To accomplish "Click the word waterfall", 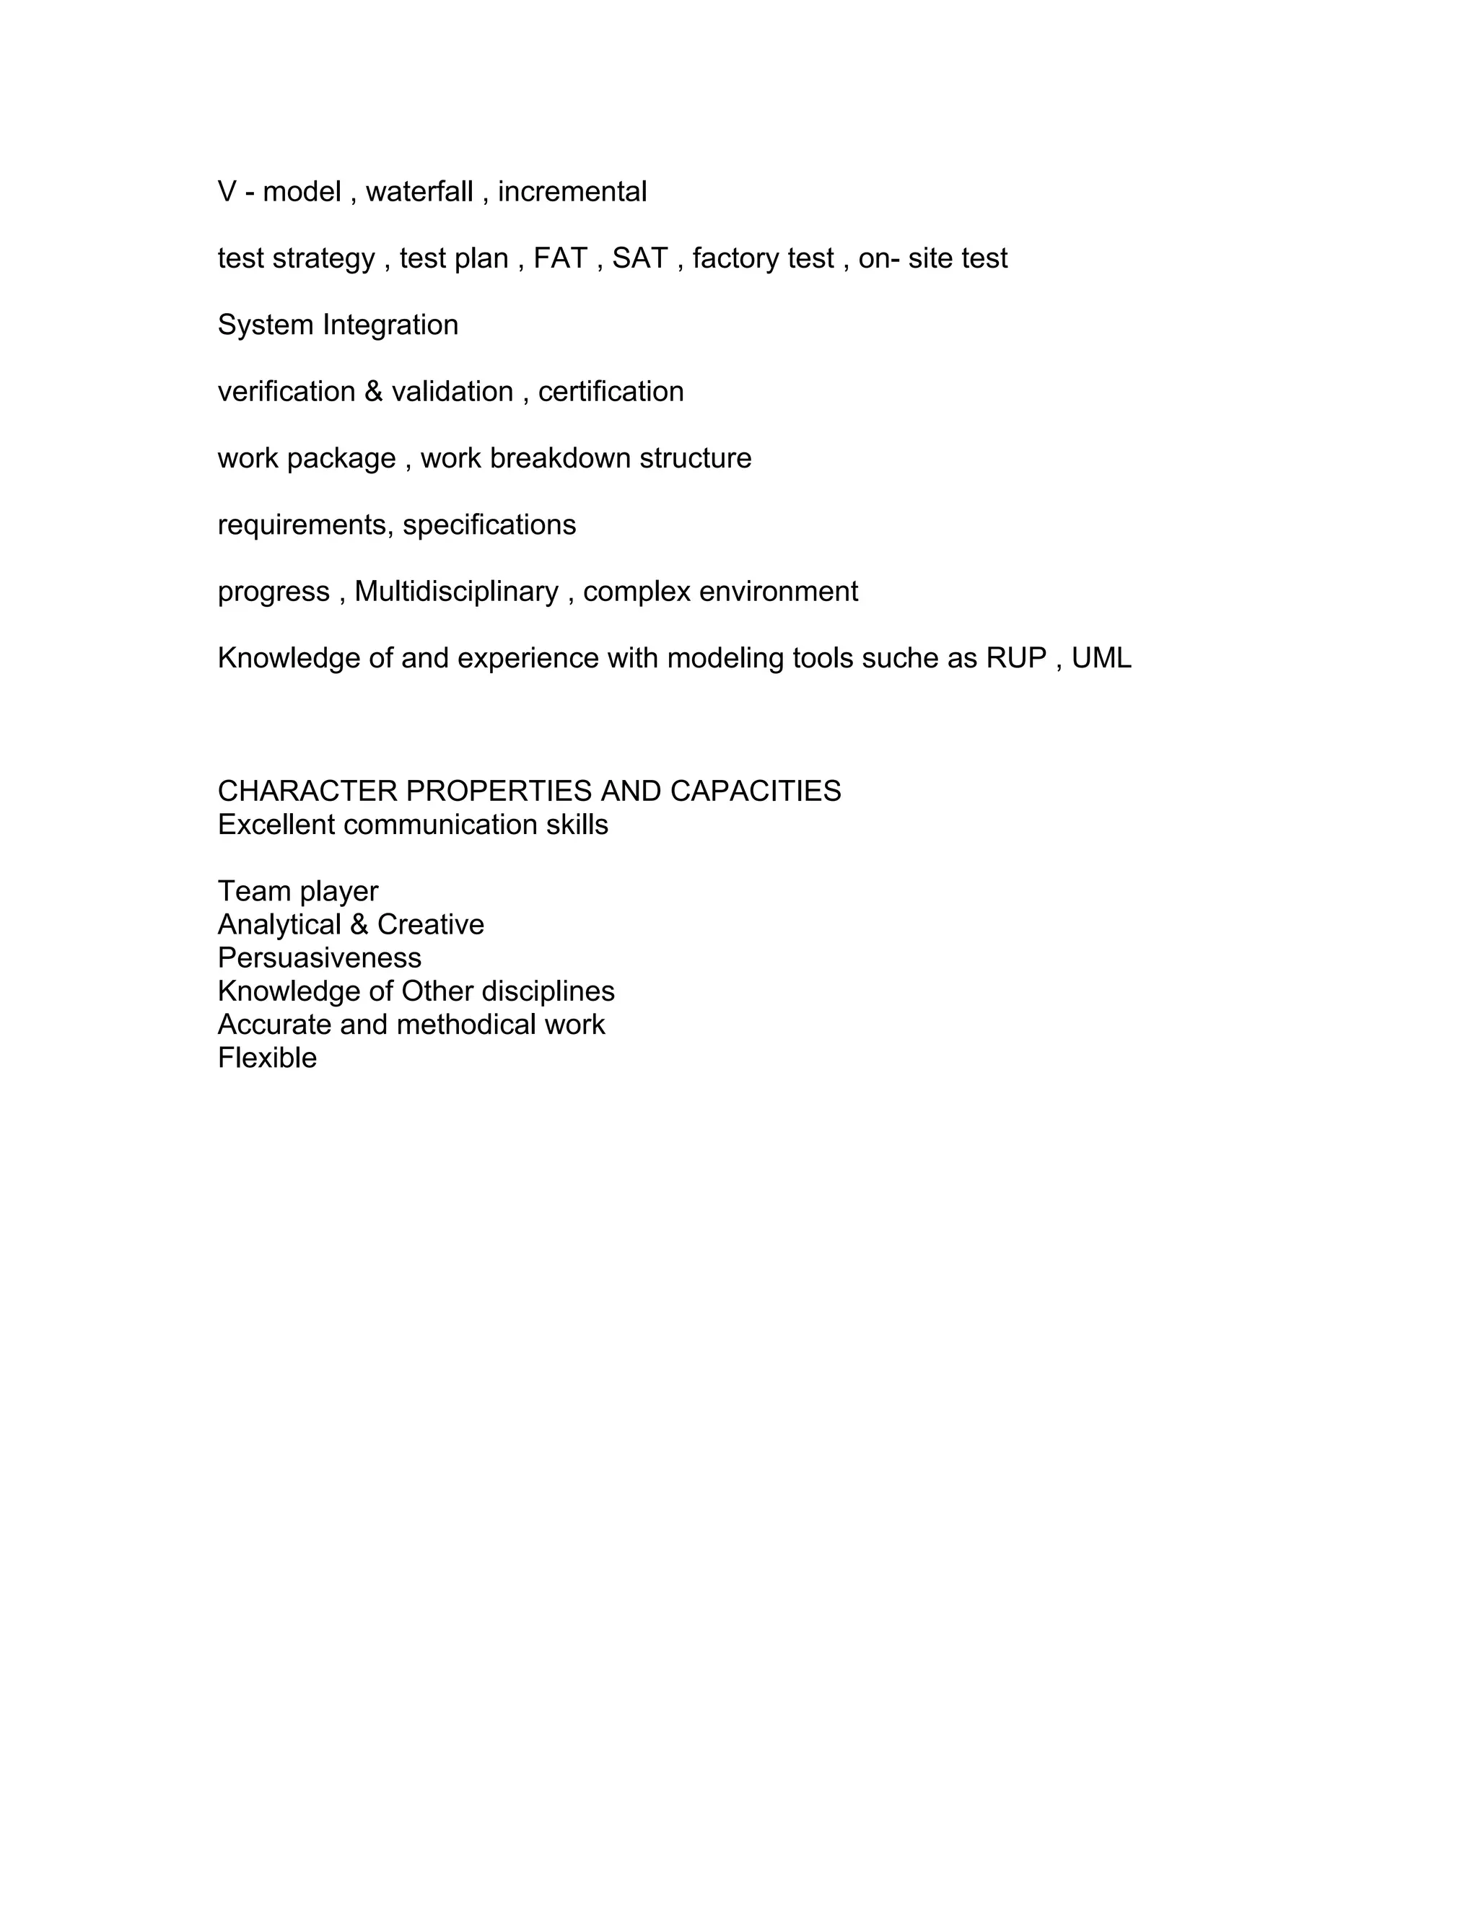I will (x=419, y=192).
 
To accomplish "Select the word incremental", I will (x=572, y=192).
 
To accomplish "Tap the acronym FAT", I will (x=560, y=258).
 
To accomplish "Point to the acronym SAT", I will (x=640, y=258).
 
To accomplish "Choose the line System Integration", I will (x=338, y=325).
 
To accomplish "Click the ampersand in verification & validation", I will (x=374, y=391).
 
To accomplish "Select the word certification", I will (x=611, y=391).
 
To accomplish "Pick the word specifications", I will (x=489, y=525).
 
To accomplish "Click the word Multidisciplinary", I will (x=456, y=592).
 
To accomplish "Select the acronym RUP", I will (x=1017, y=657).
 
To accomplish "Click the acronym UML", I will (x=1101, y=657).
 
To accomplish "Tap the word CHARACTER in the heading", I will (x=307, y=791).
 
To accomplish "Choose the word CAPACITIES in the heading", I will (x=756, y=791).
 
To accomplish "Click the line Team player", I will (x=298, y=891).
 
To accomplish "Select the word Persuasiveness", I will (x=320, y=957).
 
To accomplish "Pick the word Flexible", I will (x=267, y=1058).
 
